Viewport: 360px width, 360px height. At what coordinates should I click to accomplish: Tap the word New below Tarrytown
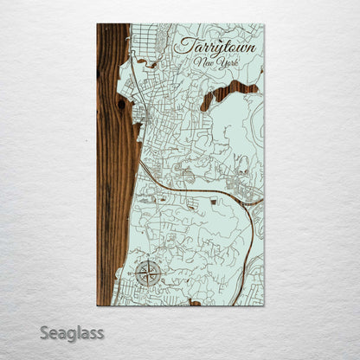pos(204,65)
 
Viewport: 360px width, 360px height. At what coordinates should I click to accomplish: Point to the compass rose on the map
pos(146,273)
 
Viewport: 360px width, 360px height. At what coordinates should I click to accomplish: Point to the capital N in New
pos(198,64)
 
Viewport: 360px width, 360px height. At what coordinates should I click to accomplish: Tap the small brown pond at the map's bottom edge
pos(195,303)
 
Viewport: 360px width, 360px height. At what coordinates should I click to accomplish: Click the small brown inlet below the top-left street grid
pos(151,64)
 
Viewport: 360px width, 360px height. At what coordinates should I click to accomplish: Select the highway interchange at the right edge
pos(253,199)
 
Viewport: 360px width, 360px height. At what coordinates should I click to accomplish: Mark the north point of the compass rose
pos(146,261)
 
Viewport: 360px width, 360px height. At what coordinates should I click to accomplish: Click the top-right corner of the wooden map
pos(263,24)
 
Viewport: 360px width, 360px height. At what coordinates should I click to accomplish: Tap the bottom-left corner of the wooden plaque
pos(97,305)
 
